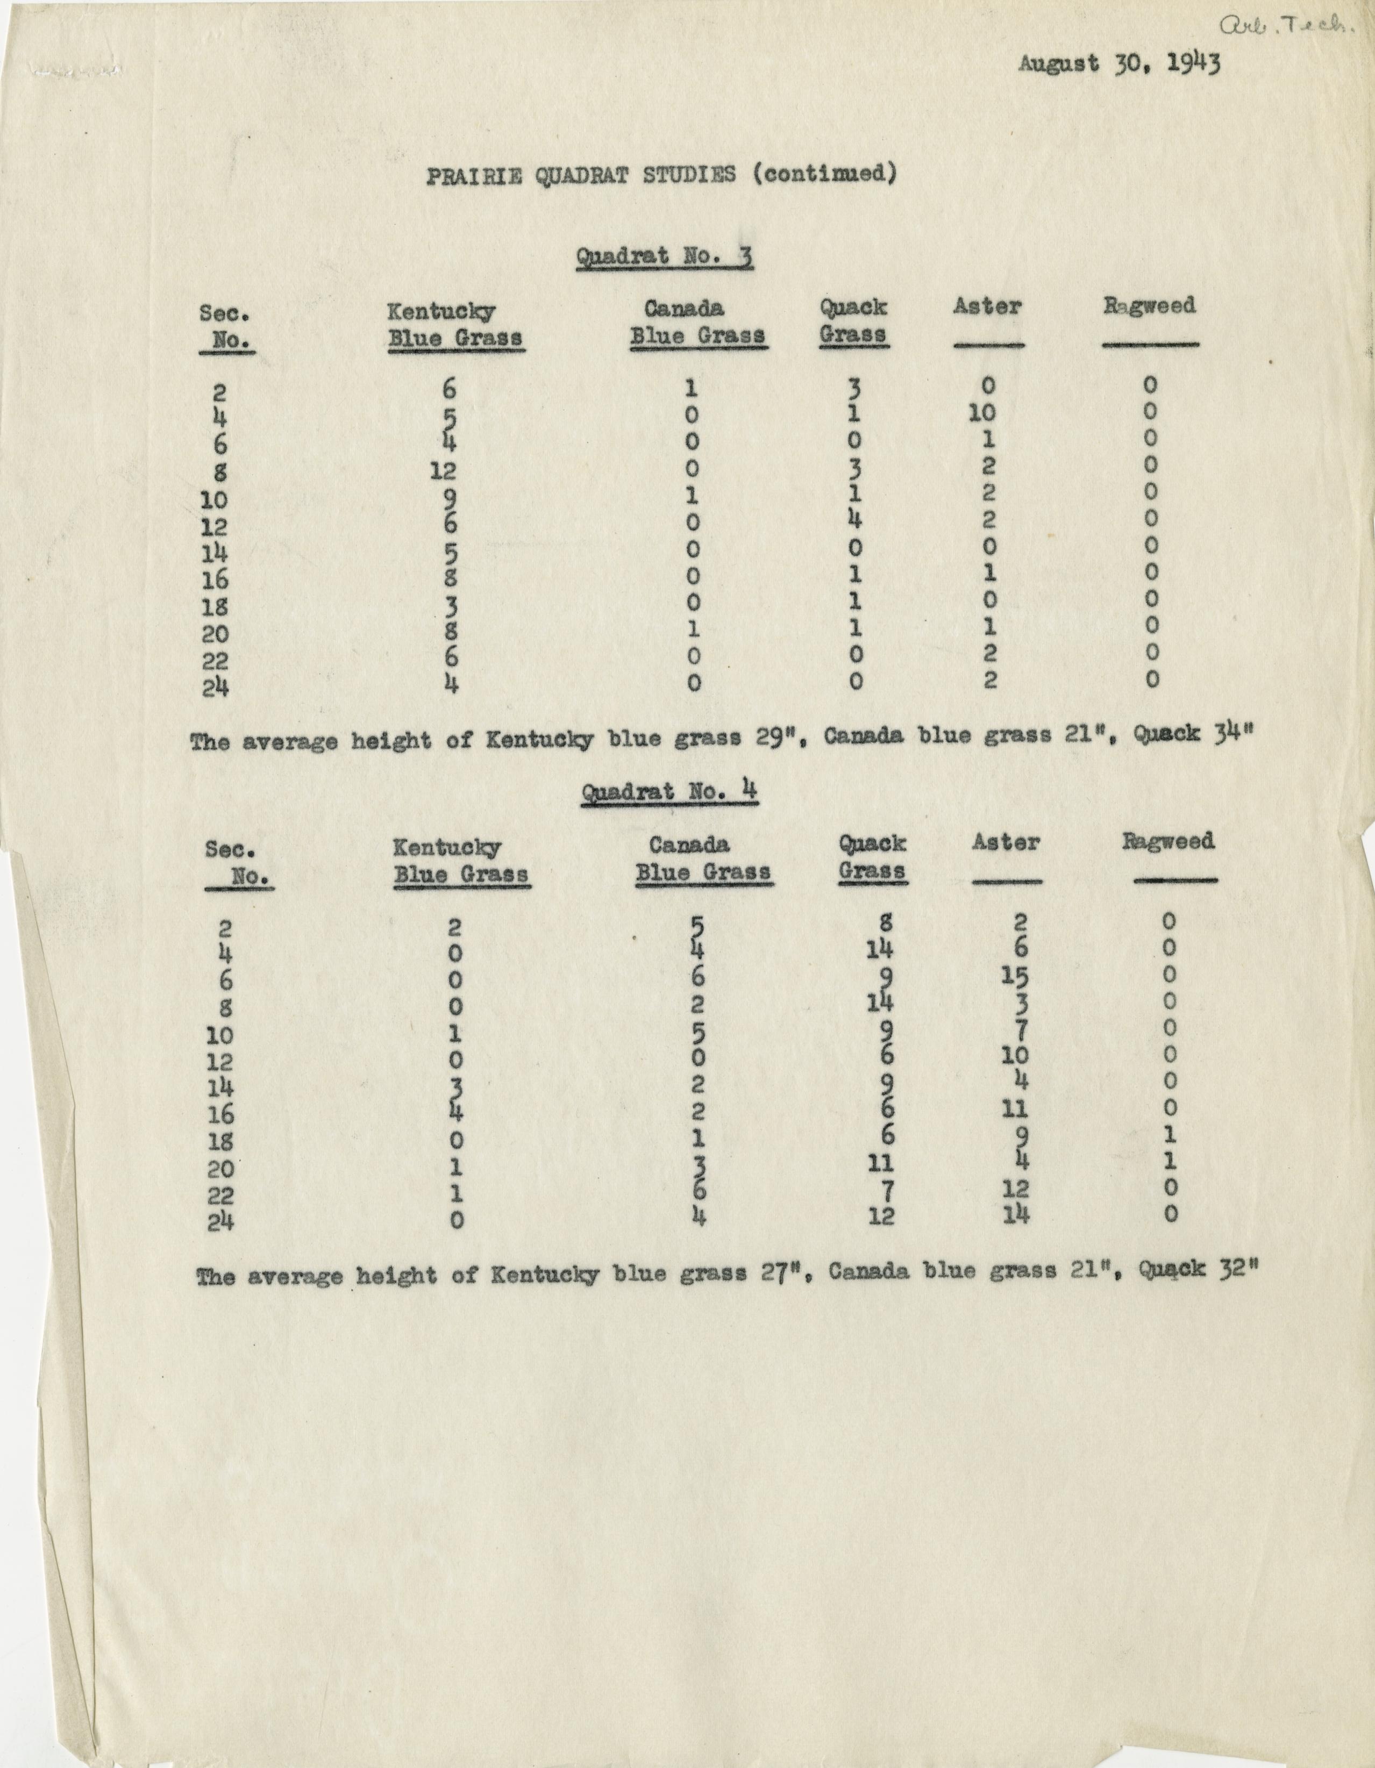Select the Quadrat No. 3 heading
point(664,257)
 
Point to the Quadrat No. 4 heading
point(669,790)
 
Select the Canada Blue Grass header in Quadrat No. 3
point(697,321)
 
